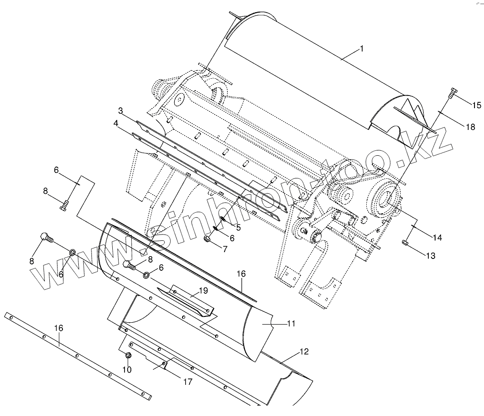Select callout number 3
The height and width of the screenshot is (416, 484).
[120, 111]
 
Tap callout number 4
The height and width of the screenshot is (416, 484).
[116, 123]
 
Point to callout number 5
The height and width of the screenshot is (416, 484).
[238, 228]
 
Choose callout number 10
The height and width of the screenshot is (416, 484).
[127, 369]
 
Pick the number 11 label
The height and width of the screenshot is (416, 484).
[291, 323]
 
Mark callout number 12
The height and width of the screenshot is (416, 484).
[304, 351]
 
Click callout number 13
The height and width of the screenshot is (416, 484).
[430, 256]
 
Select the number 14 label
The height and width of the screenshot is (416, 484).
[437, 237]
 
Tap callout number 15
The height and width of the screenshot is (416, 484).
[476, 105]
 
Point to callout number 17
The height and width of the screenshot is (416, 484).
[187, 382]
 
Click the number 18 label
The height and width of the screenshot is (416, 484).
[470, 127]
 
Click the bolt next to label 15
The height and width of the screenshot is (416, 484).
[451, 94]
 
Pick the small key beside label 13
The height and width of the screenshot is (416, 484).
[405, 244]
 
